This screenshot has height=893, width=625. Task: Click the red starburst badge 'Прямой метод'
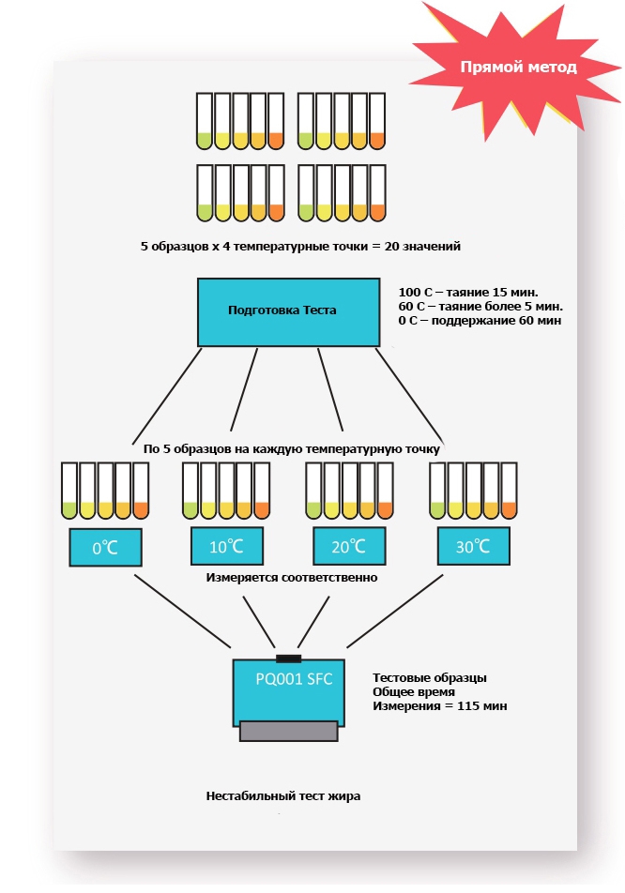(x=518, y=68)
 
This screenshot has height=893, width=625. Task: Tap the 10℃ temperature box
(x=226, y=545)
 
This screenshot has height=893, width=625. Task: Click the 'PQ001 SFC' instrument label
(x=294, y=678)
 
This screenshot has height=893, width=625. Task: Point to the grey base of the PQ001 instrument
(x=288, y=731)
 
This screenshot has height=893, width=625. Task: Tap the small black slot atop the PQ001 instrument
(x=288, y=655)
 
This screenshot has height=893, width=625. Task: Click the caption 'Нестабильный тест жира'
(x=282, y=795)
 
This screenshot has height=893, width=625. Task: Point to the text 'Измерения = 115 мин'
(x=439, y=705)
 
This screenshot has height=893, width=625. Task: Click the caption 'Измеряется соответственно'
(x=291, y=578)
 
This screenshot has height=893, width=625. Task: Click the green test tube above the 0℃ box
(x=69, y=492)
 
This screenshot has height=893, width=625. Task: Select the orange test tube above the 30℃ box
(x=509, y=492)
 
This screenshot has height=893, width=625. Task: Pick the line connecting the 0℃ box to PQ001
(x=183, y=610)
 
